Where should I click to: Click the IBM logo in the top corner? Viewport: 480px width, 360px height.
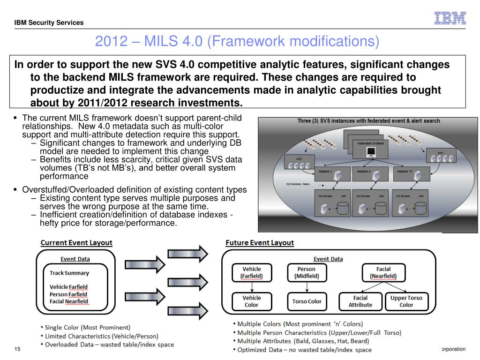(x=450, y=18)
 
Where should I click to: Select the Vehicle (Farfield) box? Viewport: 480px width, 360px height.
(x=251, y=273)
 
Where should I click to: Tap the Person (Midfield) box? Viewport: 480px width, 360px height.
(x=307, y=273)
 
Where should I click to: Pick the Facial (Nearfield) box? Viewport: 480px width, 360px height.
(x=383, y=273)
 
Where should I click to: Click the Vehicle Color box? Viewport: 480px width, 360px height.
(x=251, y=301)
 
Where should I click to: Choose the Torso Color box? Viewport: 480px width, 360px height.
(x=307, y=301)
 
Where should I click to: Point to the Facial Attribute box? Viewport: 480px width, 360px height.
(x=360, y=301)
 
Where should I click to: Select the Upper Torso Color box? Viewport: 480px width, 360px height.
(x=406, y=301)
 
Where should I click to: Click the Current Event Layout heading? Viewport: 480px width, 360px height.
(x=76, y=243)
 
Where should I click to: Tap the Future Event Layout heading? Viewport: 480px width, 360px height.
(x=260, y=243)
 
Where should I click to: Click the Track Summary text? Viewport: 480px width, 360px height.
(x=69, y=273)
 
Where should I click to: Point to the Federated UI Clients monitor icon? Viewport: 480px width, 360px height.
(x=371, y=151)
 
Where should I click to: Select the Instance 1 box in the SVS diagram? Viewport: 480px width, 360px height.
(x=333, y=175)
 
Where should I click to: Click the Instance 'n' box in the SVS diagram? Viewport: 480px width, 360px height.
(x=411, y=175)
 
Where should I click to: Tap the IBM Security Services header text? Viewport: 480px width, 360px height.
(x=49, y=22)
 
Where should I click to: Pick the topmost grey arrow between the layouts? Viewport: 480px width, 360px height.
(x=187, y=254)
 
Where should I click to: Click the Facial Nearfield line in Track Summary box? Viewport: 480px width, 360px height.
(x=69, y=301)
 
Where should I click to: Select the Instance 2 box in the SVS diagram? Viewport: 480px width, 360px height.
(x=371, y=175)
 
